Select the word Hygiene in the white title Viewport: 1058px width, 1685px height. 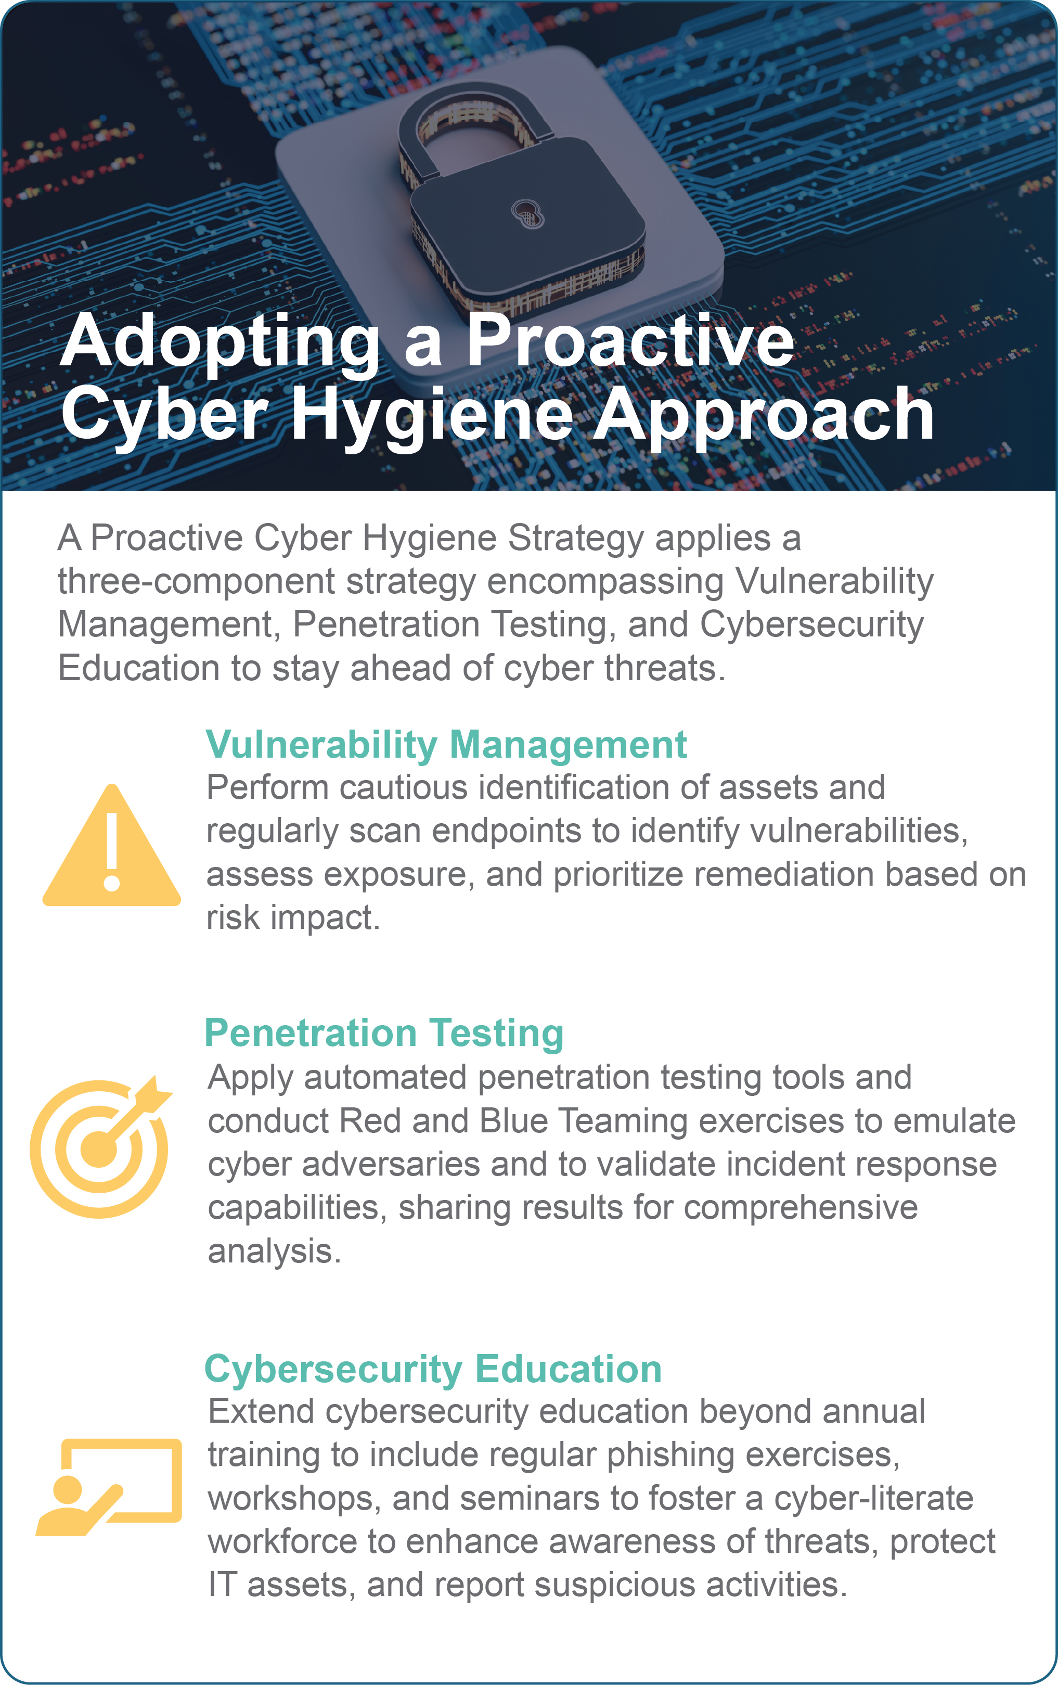(432, 417)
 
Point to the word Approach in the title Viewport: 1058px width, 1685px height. (763, 417)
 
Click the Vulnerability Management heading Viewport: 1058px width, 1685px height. (446, 745)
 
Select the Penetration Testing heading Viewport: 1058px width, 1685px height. (384, 1033)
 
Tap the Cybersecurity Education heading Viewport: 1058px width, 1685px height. (433, 1370)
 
